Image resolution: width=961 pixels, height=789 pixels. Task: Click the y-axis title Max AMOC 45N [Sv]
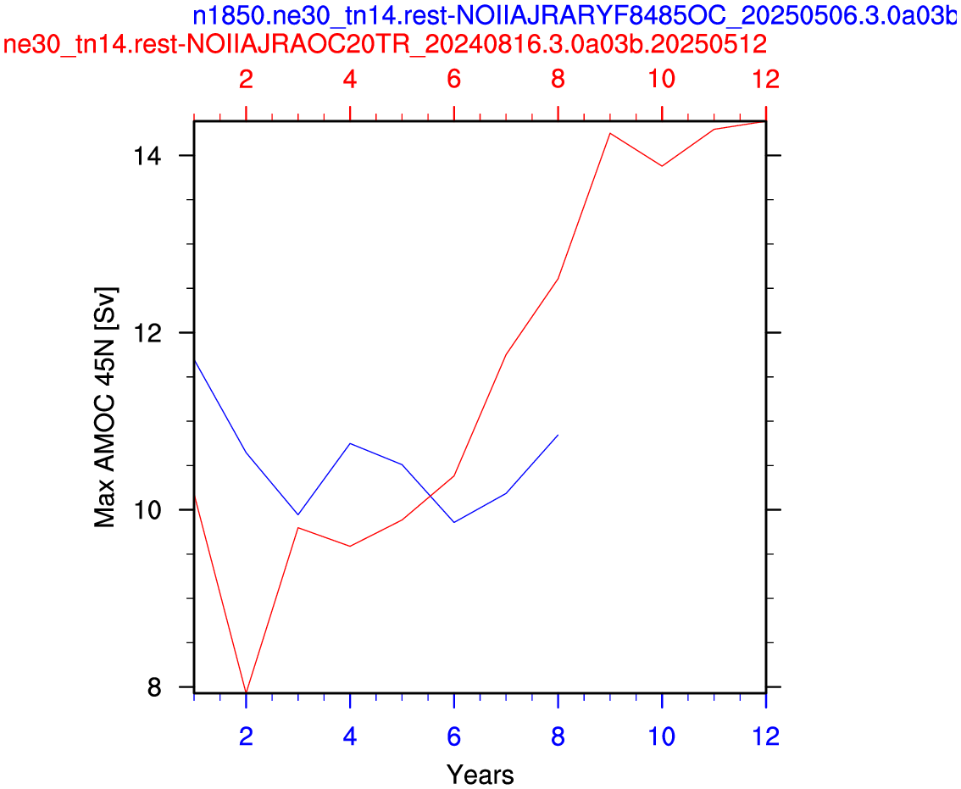[105, 408]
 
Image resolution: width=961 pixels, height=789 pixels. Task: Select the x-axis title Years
[480, 775]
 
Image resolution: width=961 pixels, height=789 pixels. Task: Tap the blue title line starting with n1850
[576, 16]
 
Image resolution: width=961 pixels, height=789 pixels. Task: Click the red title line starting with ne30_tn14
[385, 44]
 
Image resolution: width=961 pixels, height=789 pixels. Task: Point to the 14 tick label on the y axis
[147, 156]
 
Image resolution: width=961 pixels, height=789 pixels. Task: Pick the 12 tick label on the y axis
[147, 333]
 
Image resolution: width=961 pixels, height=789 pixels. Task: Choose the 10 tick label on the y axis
[147, 510]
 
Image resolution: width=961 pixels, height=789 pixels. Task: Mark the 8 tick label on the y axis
[154, 687]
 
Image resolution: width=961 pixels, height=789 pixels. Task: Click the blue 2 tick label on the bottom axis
[246, 736]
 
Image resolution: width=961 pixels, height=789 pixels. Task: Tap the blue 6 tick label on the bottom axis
[453, 736]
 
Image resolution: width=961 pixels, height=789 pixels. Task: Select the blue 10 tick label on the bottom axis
[662, 736]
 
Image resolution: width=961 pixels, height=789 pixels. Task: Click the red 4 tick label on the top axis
[350, 79]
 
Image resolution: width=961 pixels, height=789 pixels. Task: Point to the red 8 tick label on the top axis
[558, 79]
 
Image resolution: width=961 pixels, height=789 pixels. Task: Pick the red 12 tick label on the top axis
[766, 79]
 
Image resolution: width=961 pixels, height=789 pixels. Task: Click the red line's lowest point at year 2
[246, 692]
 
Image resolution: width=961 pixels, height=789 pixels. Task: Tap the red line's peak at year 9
[610, 133]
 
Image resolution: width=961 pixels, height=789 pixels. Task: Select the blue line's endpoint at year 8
[558, 435]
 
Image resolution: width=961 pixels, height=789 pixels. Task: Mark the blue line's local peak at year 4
[350, 443]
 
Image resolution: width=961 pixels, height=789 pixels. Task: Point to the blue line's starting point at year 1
[194, 360]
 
